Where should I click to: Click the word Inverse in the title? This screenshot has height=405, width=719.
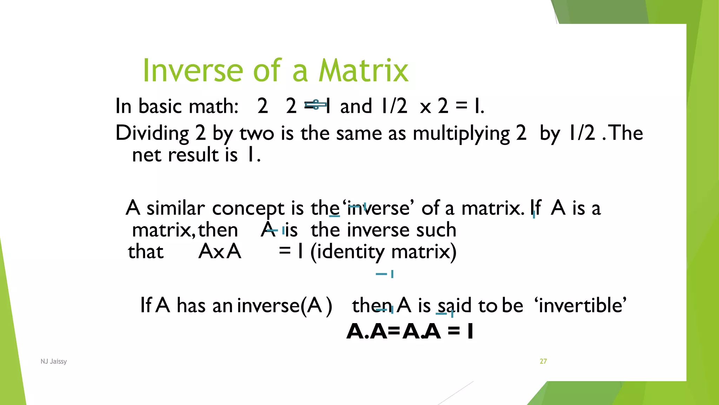pos(192,71)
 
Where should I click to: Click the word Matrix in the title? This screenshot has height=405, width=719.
pos(363,71)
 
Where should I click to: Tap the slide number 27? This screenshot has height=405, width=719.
pos(543,361)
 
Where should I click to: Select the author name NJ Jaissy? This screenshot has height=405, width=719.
pos(54,361)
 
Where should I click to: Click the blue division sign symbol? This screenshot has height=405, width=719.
pos(316,105)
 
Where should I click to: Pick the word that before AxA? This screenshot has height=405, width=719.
pos(146,252)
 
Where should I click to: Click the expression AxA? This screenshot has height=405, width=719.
pos(220,252)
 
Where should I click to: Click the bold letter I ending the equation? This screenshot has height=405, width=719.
pos(470,332)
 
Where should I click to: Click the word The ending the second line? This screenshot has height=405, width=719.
pos(627,133)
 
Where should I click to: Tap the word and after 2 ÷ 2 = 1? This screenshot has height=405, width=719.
pos(356,106)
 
